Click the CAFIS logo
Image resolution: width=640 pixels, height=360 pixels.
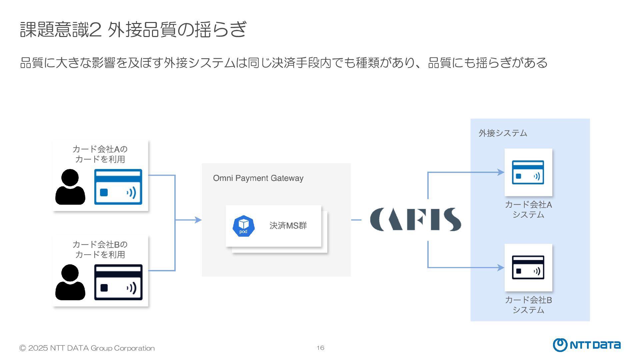click(415, 219)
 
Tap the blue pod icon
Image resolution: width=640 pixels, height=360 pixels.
click(243, 226)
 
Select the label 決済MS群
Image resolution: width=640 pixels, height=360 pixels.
click(288, 226)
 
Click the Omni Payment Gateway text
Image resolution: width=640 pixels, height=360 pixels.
click(258, 178)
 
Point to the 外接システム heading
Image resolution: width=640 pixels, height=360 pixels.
click(503, 133)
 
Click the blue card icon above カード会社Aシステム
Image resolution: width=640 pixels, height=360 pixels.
click(528, 172)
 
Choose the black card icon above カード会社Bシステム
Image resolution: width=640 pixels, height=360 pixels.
click(528, 267)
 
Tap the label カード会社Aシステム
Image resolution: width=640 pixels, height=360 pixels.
click(528, 209)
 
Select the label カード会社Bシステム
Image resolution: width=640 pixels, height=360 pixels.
click(528, 305)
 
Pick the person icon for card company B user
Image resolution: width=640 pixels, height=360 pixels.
click(70, 282)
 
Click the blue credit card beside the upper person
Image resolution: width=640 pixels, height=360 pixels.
click(118, 187)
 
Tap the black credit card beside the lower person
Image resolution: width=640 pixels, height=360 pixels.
click(118, 282)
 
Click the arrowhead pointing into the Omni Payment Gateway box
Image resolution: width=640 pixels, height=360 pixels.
click(198, 220)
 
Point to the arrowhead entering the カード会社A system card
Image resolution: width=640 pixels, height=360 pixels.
click(501, 172)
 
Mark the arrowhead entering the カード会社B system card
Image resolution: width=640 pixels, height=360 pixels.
click(501, 267)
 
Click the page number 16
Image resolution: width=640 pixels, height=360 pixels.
click(320, 348)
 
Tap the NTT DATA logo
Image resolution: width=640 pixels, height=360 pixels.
click(587, 345)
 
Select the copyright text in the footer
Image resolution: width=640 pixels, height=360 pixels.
click(87, 348)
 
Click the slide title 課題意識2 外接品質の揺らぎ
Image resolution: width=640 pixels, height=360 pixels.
click(133, 29)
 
